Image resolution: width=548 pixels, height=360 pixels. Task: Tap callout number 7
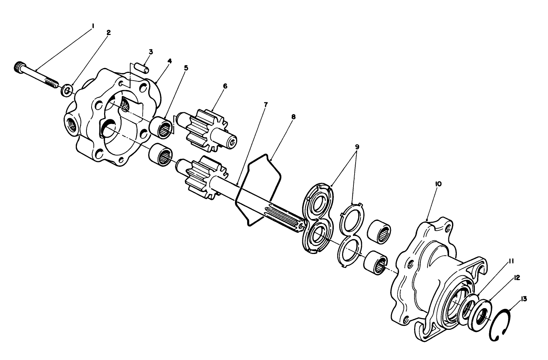coord(266,105)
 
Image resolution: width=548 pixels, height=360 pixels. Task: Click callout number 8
coord(293,117)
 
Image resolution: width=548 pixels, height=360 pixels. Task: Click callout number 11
coord(511,261)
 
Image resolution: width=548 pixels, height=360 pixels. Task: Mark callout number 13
coord(523,299)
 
